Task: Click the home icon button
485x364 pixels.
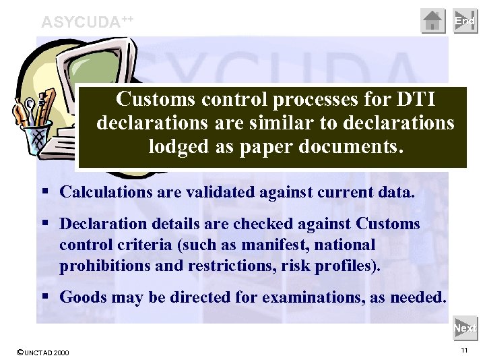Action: [x=433, y=21]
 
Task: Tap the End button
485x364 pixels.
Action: [x=465, y=21]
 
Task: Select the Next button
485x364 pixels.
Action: [x=465, y=328]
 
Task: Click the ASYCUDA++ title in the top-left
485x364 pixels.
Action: [x=87, y=22]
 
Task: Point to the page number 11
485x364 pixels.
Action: [x=464, y=351]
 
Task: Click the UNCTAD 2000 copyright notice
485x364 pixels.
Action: [x=42, y=353]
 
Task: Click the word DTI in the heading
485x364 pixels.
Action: [x=414, y=100]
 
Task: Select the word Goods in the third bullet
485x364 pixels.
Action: [x=79, y=297]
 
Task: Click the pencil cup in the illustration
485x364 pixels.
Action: [x=33, y=128]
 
